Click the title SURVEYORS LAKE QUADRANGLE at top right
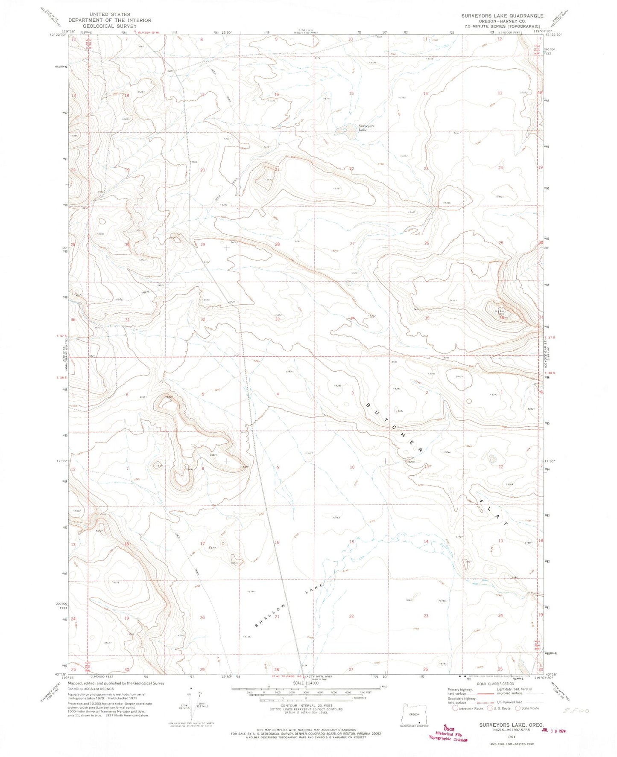[x=502, y=16]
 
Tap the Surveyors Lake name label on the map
[x=357, y=128]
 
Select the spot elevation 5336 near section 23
[x=447, y=203]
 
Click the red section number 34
[x=352, y=318]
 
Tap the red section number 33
[x=278, y=319]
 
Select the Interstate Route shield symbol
[x=456, y=708]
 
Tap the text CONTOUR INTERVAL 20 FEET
[x=306, y=706]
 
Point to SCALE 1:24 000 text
[x=305, y=683]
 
